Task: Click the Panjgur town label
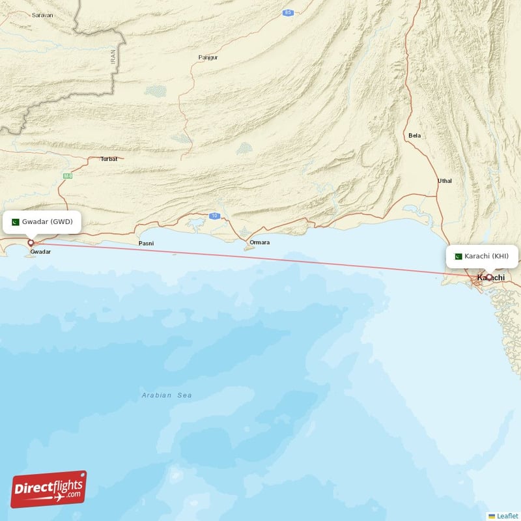208,57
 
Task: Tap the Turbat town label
108,159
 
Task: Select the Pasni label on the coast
147,243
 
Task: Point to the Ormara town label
260,242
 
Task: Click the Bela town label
414,135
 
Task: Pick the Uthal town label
445,180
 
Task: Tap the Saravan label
42,14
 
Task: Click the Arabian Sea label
167,395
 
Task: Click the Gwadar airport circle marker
30,243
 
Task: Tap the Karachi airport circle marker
489,277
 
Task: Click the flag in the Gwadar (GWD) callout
16,222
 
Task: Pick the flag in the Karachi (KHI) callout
458,256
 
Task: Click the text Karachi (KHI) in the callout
486,256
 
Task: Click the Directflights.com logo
49,489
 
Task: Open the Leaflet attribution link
507,515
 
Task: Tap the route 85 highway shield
287,12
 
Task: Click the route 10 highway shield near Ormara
214,215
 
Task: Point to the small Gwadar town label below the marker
40,251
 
